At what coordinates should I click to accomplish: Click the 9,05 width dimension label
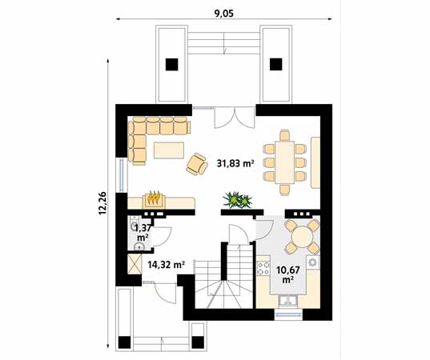tap(224, 14)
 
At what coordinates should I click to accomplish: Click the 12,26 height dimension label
tap(102, 203)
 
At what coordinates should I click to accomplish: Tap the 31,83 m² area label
tap(235, 163)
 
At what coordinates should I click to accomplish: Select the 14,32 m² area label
tap(166, 265)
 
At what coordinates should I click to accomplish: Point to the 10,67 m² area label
tap(287, 274)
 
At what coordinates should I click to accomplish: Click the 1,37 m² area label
tap(143, 232)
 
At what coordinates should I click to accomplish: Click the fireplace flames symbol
tap(154, 198)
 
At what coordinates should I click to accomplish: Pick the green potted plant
tap(238, 200)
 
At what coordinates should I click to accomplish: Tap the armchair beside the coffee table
tap(197, 164)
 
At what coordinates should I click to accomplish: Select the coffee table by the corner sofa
tap(169, 150)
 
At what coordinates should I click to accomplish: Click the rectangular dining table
tap(284, 162)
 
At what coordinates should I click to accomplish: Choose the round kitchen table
tap(302, 237)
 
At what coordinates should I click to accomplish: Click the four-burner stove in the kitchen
tap(263, 268)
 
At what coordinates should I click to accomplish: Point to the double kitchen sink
tap(287, 301)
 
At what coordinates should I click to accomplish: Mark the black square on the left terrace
tap(172, 65)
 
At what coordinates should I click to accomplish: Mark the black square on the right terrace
tap(276, 64)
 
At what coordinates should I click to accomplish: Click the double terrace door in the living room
tap(235, 118)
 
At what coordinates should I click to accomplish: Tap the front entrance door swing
tap(165, 293)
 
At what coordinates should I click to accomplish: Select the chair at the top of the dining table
tap(285, 135)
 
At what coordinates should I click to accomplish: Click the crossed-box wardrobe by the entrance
tap(135, 264)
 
